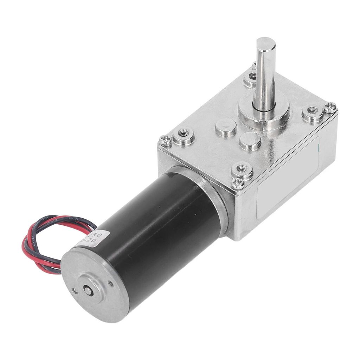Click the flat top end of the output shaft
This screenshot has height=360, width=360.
point(266,44)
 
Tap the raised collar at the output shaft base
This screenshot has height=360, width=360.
point(264,112)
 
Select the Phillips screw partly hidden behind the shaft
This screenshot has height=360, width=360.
point(254,65)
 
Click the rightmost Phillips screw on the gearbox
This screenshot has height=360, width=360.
point(330,107)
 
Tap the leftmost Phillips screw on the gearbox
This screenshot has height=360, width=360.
point(165,141)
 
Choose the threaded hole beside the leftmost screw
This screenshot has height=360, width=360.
point(183,134)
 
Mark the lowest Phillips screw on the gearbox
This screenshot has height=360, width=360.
point(238,183)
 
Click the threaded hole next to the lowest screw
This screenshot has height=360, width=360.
point(242,169)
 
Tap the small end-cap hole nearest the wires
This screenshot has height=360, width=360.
point(74,290)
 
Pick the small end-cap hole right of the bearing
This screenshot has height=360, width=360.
point(110,283)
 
